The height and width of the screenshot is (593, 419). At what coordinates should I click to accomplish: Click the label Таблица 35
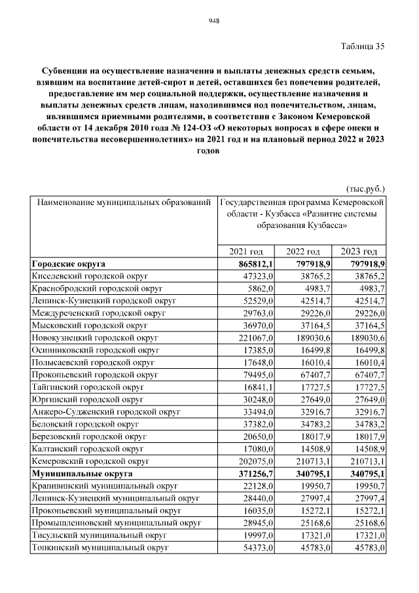click(x=363, y=46)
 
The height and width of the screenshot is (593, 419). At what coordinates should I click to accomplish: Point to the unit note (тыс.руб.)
click(x=365, y=187)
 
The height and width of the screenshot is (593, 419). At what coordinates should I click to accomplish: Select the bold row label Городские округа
click(x=69, y=264)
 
